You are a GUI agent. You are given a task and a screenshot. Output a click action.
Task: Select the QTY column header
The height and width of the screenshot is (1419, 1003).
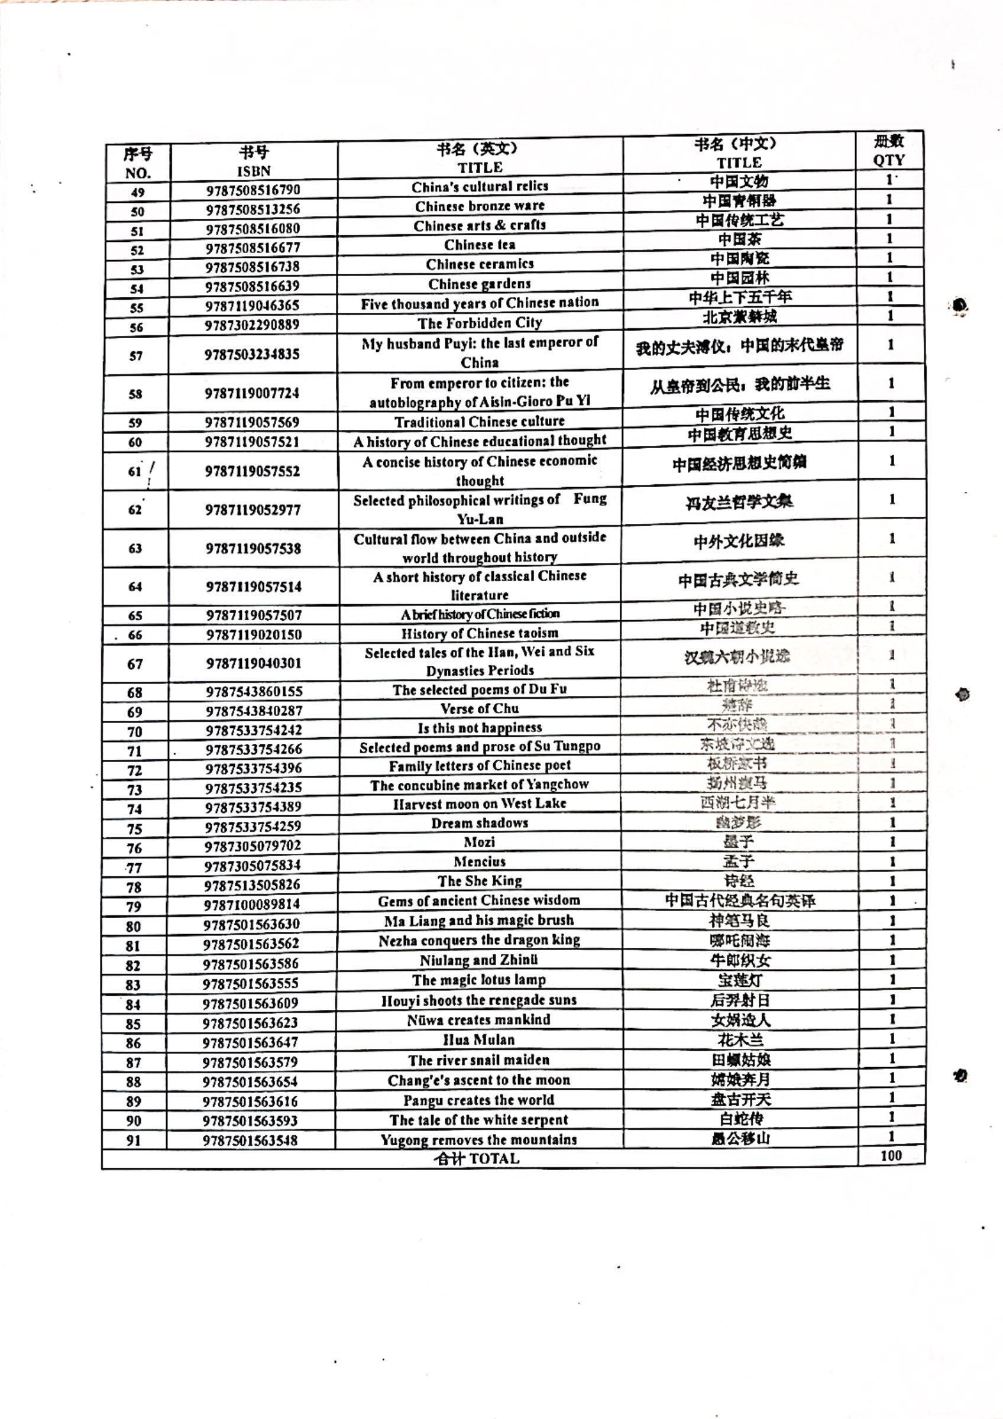pos(889,160)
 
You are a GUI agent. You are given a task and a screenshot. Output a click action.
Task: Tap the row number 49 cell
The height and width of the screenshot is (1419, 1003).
pos(137,192)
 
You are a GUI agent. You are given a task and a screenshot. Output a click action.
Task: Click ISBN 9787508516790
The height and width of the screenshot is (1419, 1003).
pos(253,190)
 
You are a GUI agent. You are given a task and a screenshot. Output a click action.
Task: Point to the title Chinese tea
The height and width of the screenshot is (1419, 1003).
pos(480,245)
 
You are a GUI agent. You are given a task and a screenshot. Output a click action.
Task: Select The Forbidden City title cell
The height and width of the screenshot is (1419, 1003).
pos(480,323)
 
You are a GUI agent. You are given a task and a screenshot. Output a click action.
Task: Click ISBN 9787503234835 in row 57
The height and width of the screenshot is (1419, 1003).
pos(252,354)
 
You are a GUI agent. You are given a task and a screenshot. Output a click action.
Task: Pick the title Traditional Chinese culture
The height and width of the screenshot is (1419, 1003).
pos(480,422)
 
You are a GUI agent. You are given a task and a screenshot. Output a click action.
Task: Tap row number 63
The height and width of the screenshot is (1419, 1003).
pos(135,548)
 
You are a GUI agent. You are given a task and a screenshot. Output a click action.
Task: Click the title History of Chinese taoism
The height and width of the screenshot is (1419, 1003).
pos(480,633)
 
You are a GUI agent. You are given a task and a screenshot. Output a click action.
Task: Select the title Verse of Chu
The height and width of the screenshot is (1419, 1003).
pos(480,708)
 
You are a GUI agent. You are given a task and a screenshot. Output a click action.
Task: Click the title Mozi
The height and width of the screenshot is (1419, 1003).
pos(480,842)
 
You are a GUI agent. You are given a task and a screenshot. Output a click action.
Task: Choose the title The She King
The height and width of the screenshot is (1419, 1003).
pos(480,881)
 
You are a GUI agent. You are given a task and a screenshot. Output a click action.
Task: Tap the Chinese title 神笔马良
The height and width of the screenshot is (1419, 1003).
pos(739,921)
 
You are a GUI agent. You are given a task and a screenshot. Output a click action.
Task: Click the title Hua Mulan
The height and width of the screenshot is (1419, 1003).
pos(479,1039)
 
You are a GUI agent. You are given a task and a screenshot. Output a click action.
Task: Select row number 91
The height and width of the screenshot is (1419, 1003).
pos(134,1141)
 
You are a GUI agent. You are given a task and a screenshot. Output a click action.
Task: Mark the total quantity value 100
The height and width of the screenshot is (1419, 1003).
pos(891,1156)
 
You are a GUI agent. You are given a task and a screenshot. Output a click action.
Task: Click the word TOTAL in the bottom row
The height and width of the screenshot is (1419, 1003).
pos(494,1159)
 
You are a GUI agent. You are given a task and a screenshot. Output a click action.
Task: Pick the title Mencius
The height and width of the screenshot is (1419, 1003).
pos(480,861)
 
